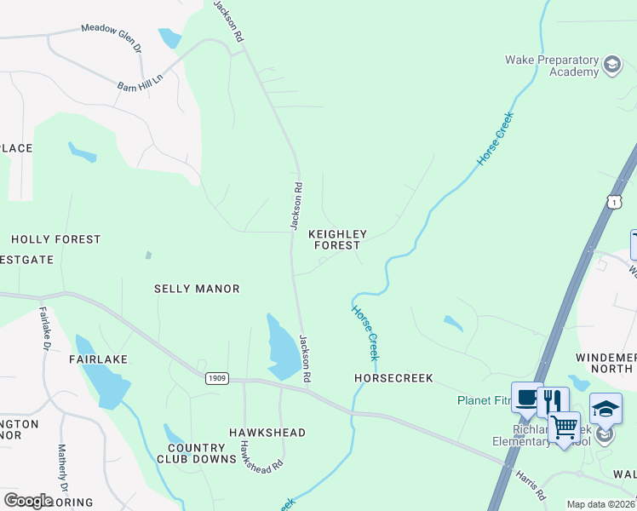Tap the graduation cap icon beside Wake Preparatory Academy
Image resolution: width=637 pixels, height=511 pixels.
[x=611, y=65]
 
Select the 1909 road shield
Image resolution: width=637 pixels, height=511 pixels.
[x=216, y=376]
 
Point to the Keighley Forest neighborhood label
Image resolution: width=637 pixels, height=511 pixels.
[x=337, y=239]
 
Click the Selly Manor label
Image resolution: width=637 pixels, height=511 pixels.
[x=197, y=289]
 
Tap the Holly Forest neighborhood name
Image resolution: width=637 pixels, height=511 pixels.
[x=55, y=240]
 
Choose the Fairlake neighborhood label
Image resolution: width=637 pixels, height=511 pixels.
[x=98, y=359]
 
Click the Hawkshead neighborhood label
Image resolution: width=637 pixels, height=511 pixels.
[x=267, y=433]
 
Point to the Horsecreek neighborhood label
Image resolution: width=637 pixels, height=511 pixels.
[x=393, y=377]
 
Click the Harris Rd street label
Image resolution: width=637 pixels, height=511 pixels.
[x=531, y=485]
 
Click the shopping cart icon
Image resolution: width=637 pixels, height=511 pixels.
[x=564, y=427]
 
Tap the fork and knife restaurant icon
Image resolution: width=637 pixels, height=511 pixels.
[x=554, y=400]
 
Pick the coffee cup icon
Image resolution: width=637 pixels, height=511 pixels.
[x=526, y=397]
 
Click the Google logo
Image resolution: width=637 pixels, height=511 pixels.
[x=29, y=500]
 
